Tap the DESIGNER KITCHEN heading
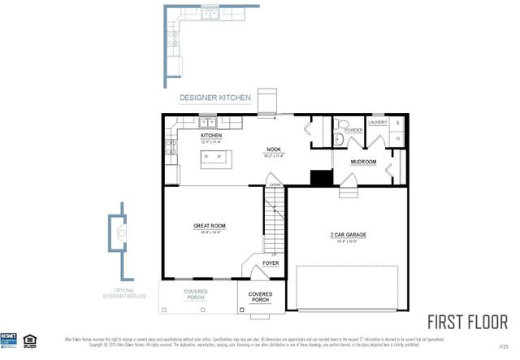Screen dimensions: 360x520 click(x=212, y=98)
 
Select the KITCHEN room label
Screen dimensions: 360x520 click(x=211, y=136)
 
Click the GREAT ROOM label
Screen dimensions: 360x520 click(x=209, y=225)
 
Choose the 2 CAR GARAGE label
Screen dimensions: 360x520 click(x=348, y=234)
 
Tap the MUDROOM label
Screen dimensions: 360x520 click(x=363, y=162)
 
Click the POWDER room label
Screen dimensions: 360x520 click(x=353, y=130)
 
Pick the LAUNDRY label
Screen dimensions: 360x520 click(x=378, y=123)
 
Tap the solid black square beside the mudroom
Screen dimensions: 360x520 click(x=322, y=178)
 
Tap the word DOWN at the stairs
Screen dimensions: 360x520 click(x=274, y=185)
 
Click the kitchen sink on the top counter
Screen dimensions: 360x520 click(x=209, y=124)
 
